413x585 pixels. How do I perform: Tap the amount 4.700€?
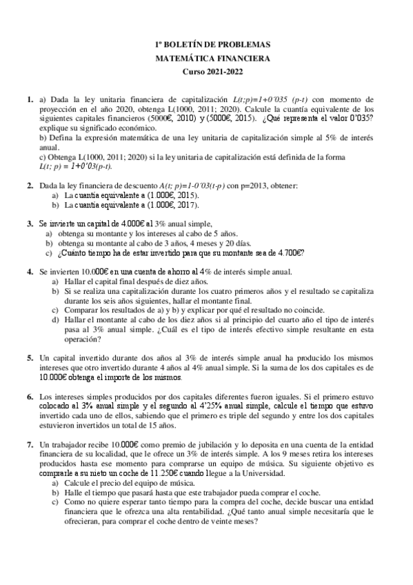coord(288,252)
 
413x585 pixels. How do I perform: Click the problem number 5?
coord(30,359)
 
